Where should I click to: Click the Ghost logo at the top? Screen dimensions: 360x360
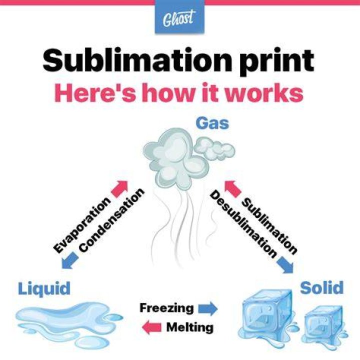[x=179, y=17]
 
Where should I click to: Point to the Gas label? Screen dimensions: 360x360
[x=212, y=123]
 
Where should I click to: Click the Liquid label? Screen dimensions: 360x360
[x=44, y=289]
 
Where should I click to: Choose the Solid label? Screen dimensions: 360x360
[x=321, y=287]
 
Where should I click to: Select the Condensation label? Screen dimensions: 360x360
[x=111, y=220]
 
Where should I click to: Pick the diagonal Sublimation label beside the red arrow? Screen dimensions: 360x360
[x=269, y=226]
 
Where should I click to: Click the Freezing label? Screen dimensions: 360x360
[x=167, y=308]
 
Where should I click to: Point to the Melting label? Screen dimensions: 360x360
[x=189, y=327]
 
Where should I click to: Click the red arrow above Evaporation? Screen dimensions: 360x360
[x=119, y=189]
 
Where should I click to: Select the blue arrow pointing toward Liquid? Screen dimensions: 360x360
[x=70, y=260]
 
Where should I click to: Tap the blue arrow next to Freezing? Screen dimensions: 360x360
[x=208, y=309]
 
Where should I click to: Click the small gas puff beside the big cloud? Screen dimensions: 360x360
[x=214, y=148]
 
